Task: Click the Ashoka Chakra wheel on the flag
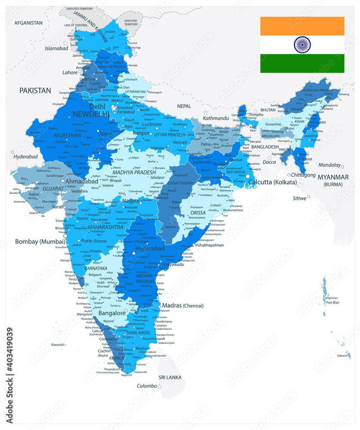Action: click(x=302, y=44)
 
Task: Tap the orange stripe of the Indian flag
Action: click(x=302, y=26)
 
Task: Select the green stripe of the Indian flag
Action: click(x=302, y=63)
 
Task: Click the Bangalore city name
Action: click(x=112, y=313)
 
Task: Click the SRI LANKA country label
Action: click(x=170, y=377)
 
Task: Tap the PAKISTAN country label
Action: click(x=34, y=90)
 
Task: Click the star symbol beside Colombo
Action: click(x=160, y=387)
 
